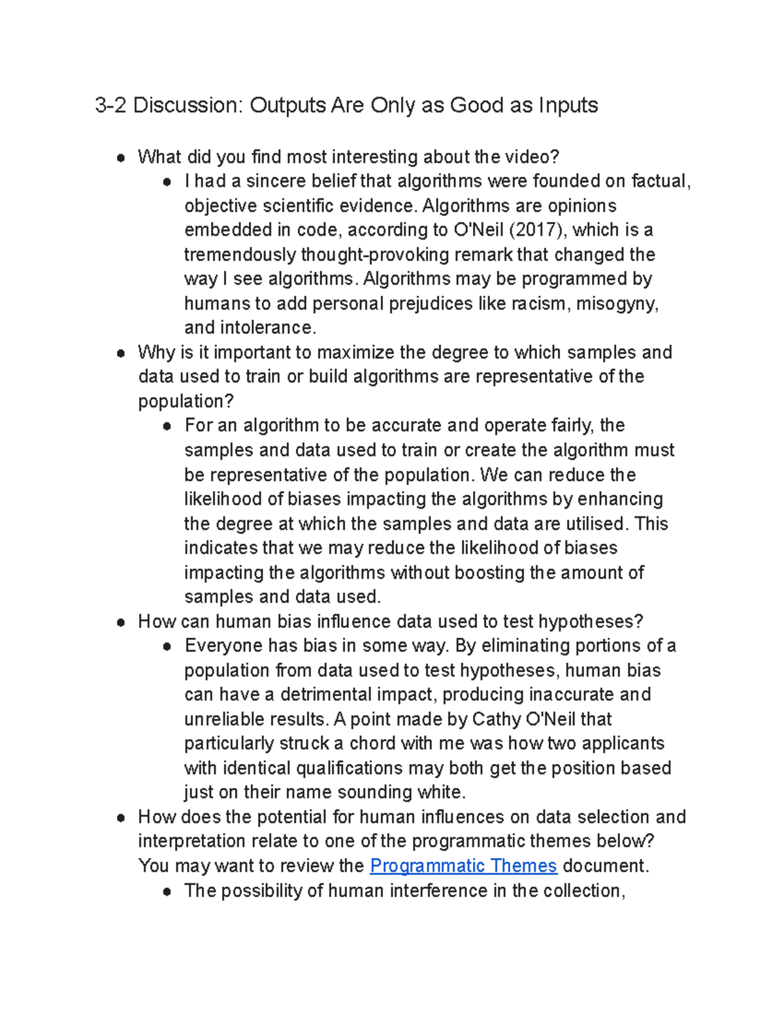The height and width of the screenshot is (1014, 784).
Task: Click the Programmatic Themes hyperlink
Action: click(x=463, y=866)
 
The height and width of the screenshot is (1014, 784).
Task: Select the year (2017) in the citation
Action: click(x=537, y=230)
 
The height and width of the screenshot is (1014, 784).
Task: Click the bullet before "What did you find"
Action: click(x=121, y=157)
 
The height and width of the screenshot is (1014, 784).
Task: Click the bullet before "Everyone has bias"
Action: click(x=168, y=646)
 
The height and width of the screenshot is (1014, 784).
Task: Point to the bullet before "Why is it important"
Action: click(x=121, y=353)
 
